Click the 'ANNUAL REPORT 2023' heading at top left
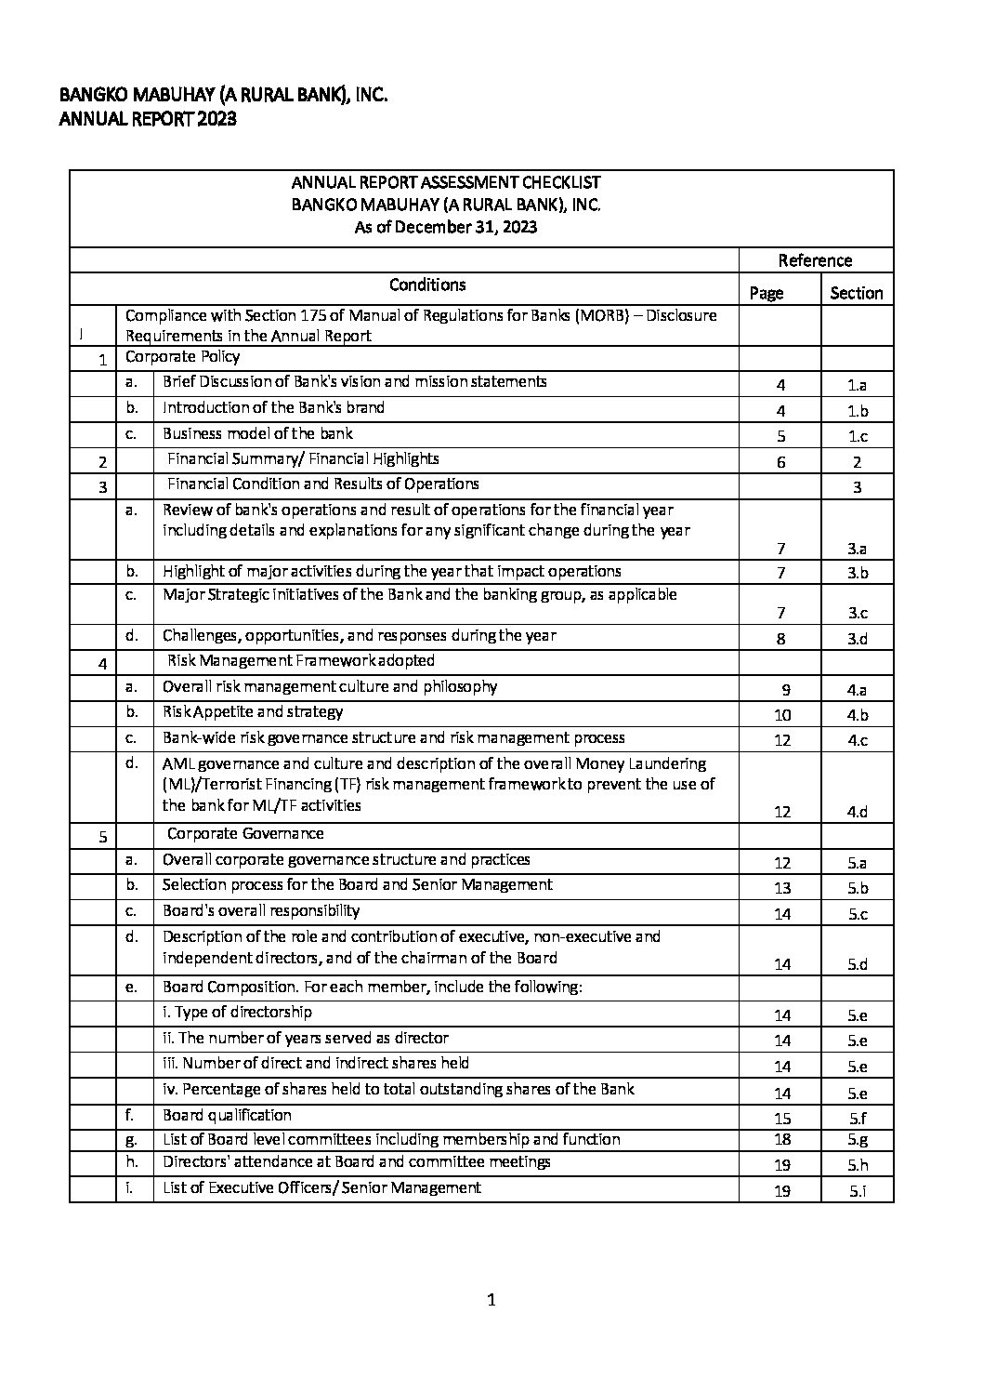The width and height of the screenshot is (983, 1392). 148,119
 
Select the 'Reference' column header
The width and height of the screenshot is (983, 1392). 815,260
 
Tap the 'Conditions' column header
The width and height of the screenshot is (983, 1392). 427,285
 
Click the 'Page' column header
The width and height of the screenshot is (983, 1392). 767,293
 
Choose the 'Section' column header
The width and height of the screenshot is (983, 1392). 856,293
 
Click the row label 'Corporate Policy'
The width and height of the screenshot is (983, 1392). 182,357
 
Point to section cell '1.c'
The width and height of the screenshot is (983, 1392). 857,436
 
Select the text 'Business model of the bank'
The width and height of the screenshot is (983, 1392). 257,433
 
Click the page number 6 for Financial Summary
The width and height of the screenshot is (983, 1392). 781,462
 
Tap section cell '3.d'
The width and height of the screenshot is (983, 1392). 857,639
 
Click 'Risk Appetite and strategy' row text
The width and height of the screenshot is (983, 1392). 253,712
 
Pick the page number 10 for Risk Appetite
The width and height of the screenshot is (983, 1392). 782,715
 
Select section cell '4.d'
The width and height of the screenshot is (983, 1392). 857,812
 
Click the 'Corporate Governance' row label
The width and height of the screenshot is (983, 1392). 245,834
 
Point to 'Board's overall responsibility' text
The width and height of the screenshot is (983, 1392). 261,911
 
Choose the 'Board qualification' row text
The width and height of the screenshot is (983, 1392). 227,1115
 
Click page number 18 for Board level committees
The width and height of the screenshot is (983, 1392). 782,1140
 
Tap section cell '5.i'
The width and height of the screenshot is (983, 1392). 857,1190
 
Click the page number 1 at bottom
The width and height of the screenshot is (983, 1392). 491,1300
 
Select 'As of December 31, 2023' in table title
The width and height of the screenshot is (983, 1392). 446,227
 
